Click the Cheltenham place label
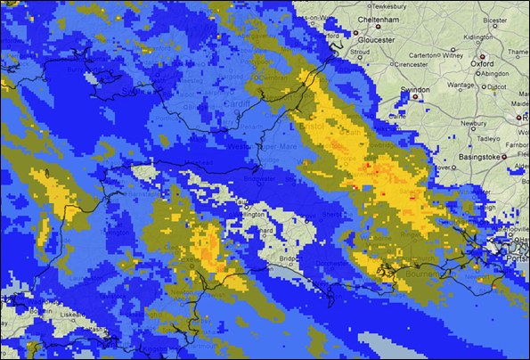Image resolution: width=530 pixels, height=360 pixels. pyautogui.click(x=382, y=19)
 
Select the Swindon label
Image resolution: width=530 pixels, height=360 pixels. pyautogui.click(x=415, y=90)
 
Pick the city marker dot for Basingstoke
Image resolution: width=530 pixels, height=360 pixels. pyautogui.click(x=504, y=157)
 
